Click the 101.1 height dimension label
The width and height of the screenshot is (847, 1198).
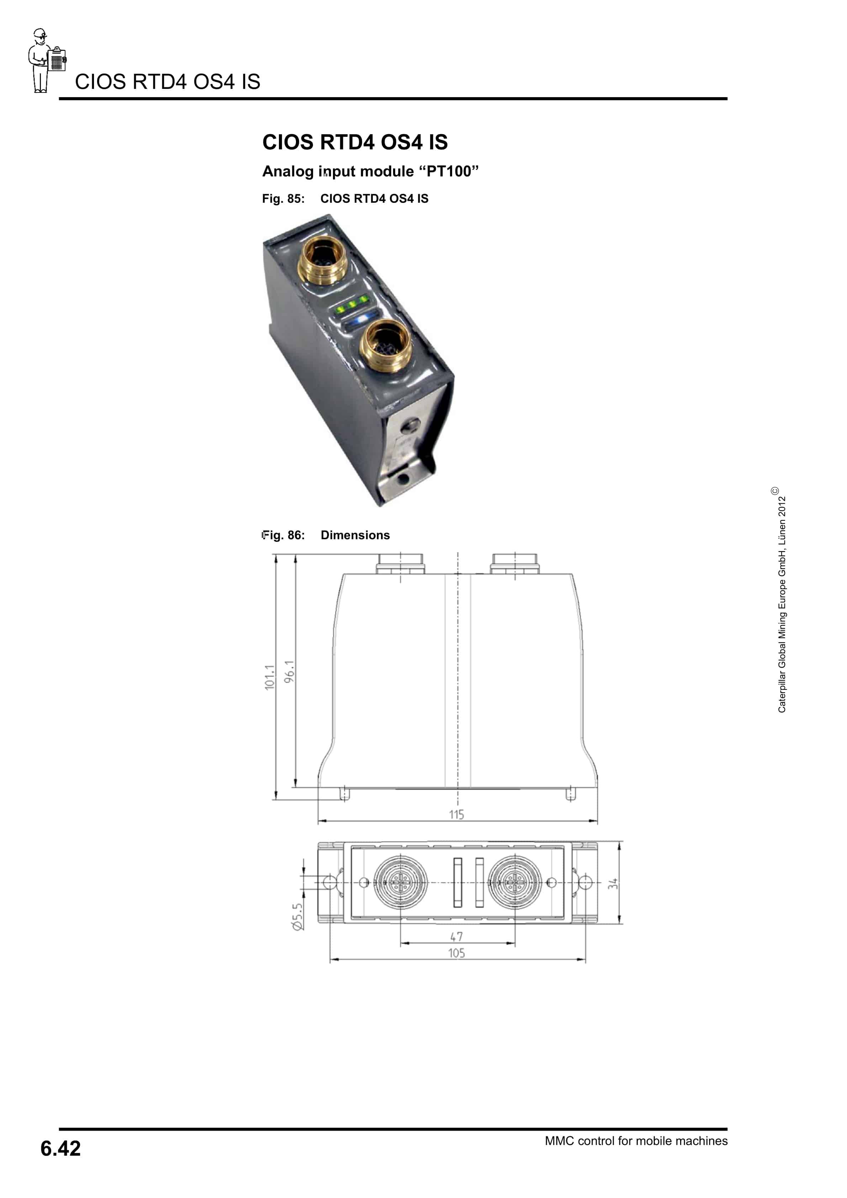[269, 677]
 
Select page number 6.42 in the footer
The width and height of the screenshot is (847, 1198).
[60, 1149]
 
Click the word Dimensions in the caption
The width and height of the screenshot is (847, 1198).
[355, 535]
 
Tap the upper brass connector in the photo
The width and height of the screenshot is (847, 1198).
[323, 259]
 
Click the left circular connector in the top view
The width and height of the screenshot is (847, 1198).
[400, 882]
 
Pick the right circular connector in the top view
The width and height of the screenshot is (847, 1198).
[514, 882]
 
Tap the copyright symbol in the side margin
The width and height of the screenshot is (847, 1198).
[775, 491]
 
